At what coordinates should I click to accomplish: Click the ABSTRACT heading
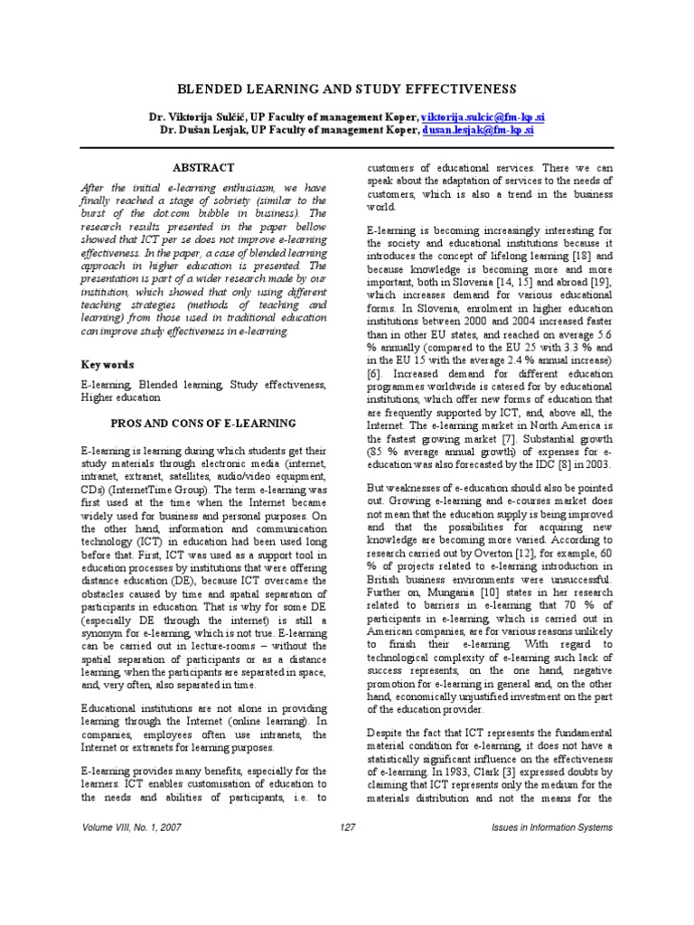tap(203, 168)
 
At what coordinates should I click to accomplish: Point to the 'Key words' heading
tap(108, 365)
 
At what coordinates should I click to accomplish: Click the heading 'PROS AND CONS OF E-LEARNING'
tap(202, 423)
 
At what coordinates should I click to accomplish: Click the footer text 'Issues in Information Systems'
tap(551, 827)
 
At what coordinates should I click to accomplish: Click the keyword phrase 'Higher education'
tap(121, 397)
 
